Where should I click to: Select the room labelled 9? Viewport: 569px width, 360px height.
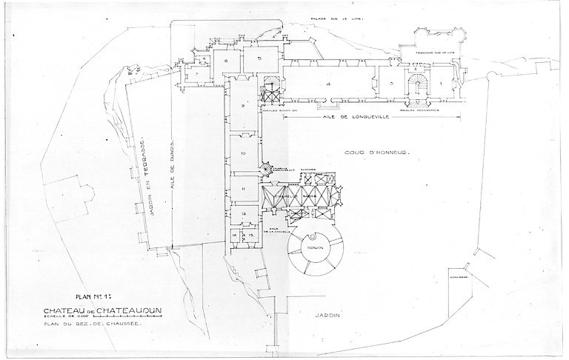tap(242, 107)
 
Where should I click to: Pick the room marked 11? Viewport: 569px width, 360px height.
tap(242, 190)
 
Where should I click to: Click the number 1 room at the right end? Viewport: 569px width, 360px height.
tap(442, 84)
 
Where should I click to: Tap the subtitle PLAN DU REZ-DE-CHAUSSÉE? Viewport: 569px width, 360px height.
tap(92, 324)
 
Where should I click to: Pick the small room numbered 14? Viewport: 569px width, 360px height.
tap(234, 235)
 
